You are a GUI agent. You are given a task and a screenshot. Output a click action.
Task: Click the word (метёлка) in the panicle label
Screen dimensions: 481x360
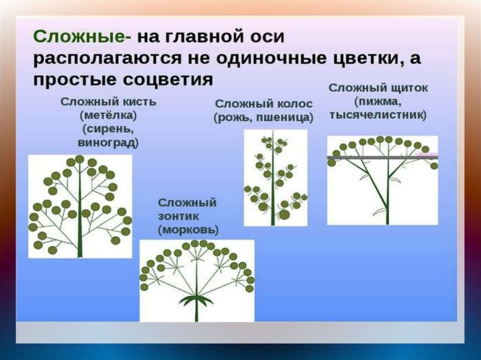click(108, 115)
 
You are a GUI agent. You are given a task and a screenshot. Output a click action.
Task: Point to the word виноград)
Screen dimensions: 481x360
click(108, 143)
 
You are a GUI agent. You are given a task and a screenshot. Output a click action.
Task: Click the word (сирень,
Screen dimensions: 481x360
click(108, 129)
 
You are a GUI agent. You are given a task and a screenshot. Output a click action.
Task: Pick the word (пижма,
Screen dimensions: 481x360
click(378, 101)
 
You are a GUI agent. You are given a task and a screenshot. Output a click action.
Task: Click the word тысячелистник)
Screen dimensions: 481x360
click(378, 115)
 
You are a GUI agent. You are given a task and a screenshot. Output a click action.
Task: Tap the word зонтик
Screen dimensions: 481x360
click(178, 216)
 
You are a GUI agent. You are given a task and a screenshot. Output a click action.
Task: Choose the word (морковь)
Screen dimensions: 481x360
click(188, 230)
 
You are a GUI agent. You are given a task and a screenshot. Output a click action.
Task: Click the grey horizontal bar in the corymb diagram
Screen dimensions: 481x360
click(382, 158)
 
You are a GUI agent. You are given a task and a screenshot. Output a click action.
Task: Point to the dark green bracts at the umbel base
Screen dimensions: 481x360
click(197, 299)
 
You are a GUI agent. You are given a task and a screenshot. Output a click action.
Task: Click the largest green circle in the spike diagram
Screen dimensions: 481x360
click(284, 214)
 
